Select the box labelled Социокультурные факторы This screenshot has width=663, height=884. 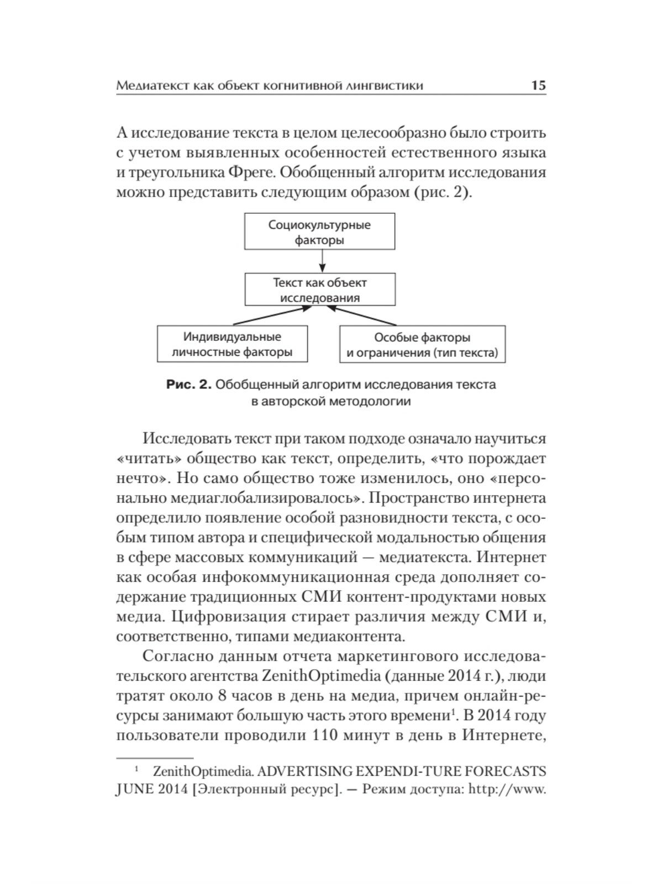coord(319,233)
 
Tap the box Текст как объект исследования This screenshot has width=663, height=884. coord(320,290)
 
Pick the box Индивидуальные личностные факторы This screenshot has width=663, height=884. coord(232,344)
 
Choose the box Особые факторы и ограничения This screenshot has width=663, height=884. coord(422,345)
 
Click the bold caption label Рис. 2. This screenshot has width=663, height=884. coord(189,385)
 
